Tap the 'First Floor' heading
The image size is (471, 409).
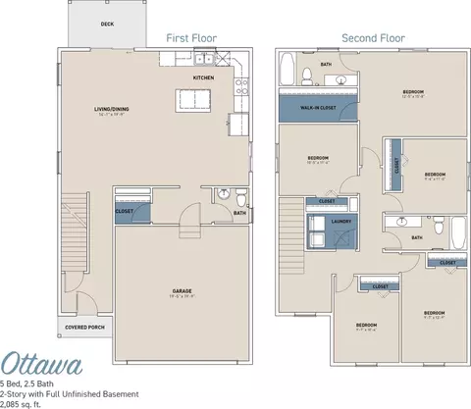[192, 38]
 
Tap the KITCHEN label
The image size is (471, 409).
[203, 77]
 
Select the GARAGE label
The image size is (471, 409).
[182, 291]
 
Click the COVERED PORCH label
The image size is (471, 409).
[84, 328]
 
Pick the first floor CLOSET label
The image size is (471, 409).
[125, 210]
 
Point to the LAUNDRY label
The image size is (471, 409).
[340, 223]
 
